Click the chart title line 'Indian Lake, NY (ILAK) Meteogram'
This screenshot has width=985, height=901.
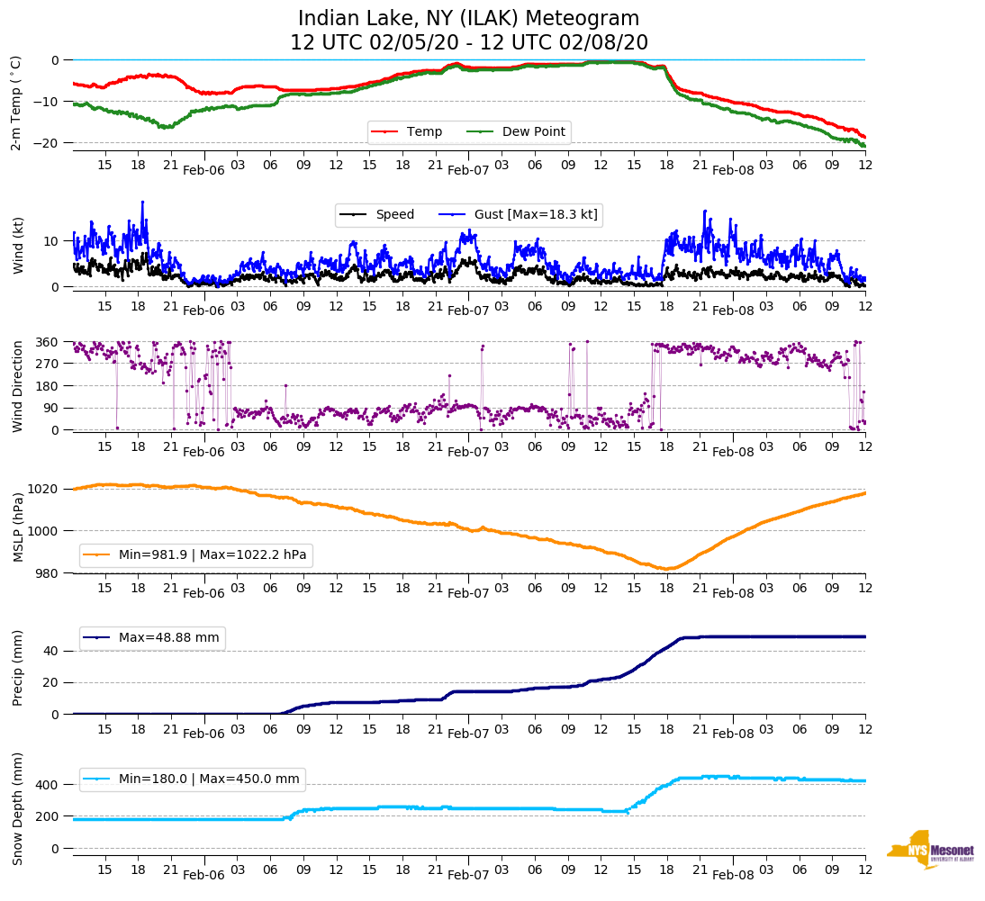(x=468, y=18)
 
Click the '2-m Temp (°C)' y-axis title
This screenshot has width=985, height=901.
(x=16, y=103)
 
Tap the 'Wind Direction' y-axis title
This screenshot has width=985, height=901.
(x=17, y=386)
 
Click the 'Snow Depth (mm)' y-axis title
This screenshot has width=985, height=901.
(x=17, y=807)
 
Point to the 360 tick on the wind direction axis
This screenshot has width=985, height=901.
(x=47, y=342)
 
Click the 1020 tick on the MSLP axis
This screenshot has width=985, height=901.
(x=43, y=489)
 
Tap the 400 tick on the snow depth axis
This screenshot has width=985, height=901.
(x=47, y=785)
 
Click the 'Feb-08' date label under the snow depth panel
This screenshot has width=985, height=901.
(x=733, y=875)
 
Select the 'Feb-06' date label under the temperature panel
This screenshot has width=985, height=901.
(x=203, y=169)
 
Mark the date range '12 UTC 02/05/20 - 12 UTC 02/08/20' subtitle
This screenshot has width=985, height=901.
(x=468, y=43)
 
